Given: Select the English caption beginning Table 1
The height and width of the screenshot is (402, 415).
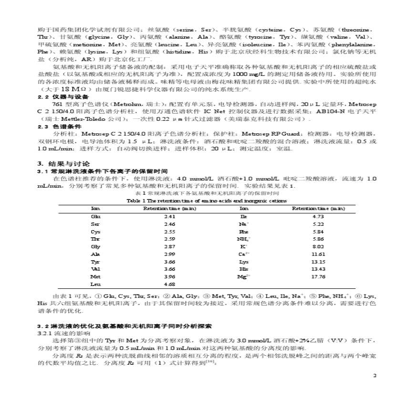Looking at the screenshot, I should (207, 201).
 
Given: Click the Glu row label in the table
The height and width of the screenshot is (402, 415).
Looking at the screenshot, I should (95, 216).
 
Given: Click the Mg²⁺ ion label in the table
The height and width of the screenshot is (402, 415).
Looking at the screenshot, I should (244, 276).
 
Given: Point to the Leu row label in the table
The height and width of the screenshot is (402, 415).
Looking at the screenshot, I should (95, 284).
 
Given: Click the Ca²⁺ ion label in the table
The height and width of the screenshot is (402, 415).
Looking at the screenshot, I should (244, 254).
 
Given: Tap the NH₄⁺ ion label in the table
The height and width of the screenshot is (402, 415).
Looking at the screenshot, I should (244, 239).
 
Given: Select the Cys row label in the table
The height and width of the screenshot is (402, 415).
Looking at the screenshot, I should (95, 232).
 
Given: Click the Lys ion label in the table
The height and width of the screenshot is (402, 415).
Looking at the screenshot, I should (244, 262).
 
